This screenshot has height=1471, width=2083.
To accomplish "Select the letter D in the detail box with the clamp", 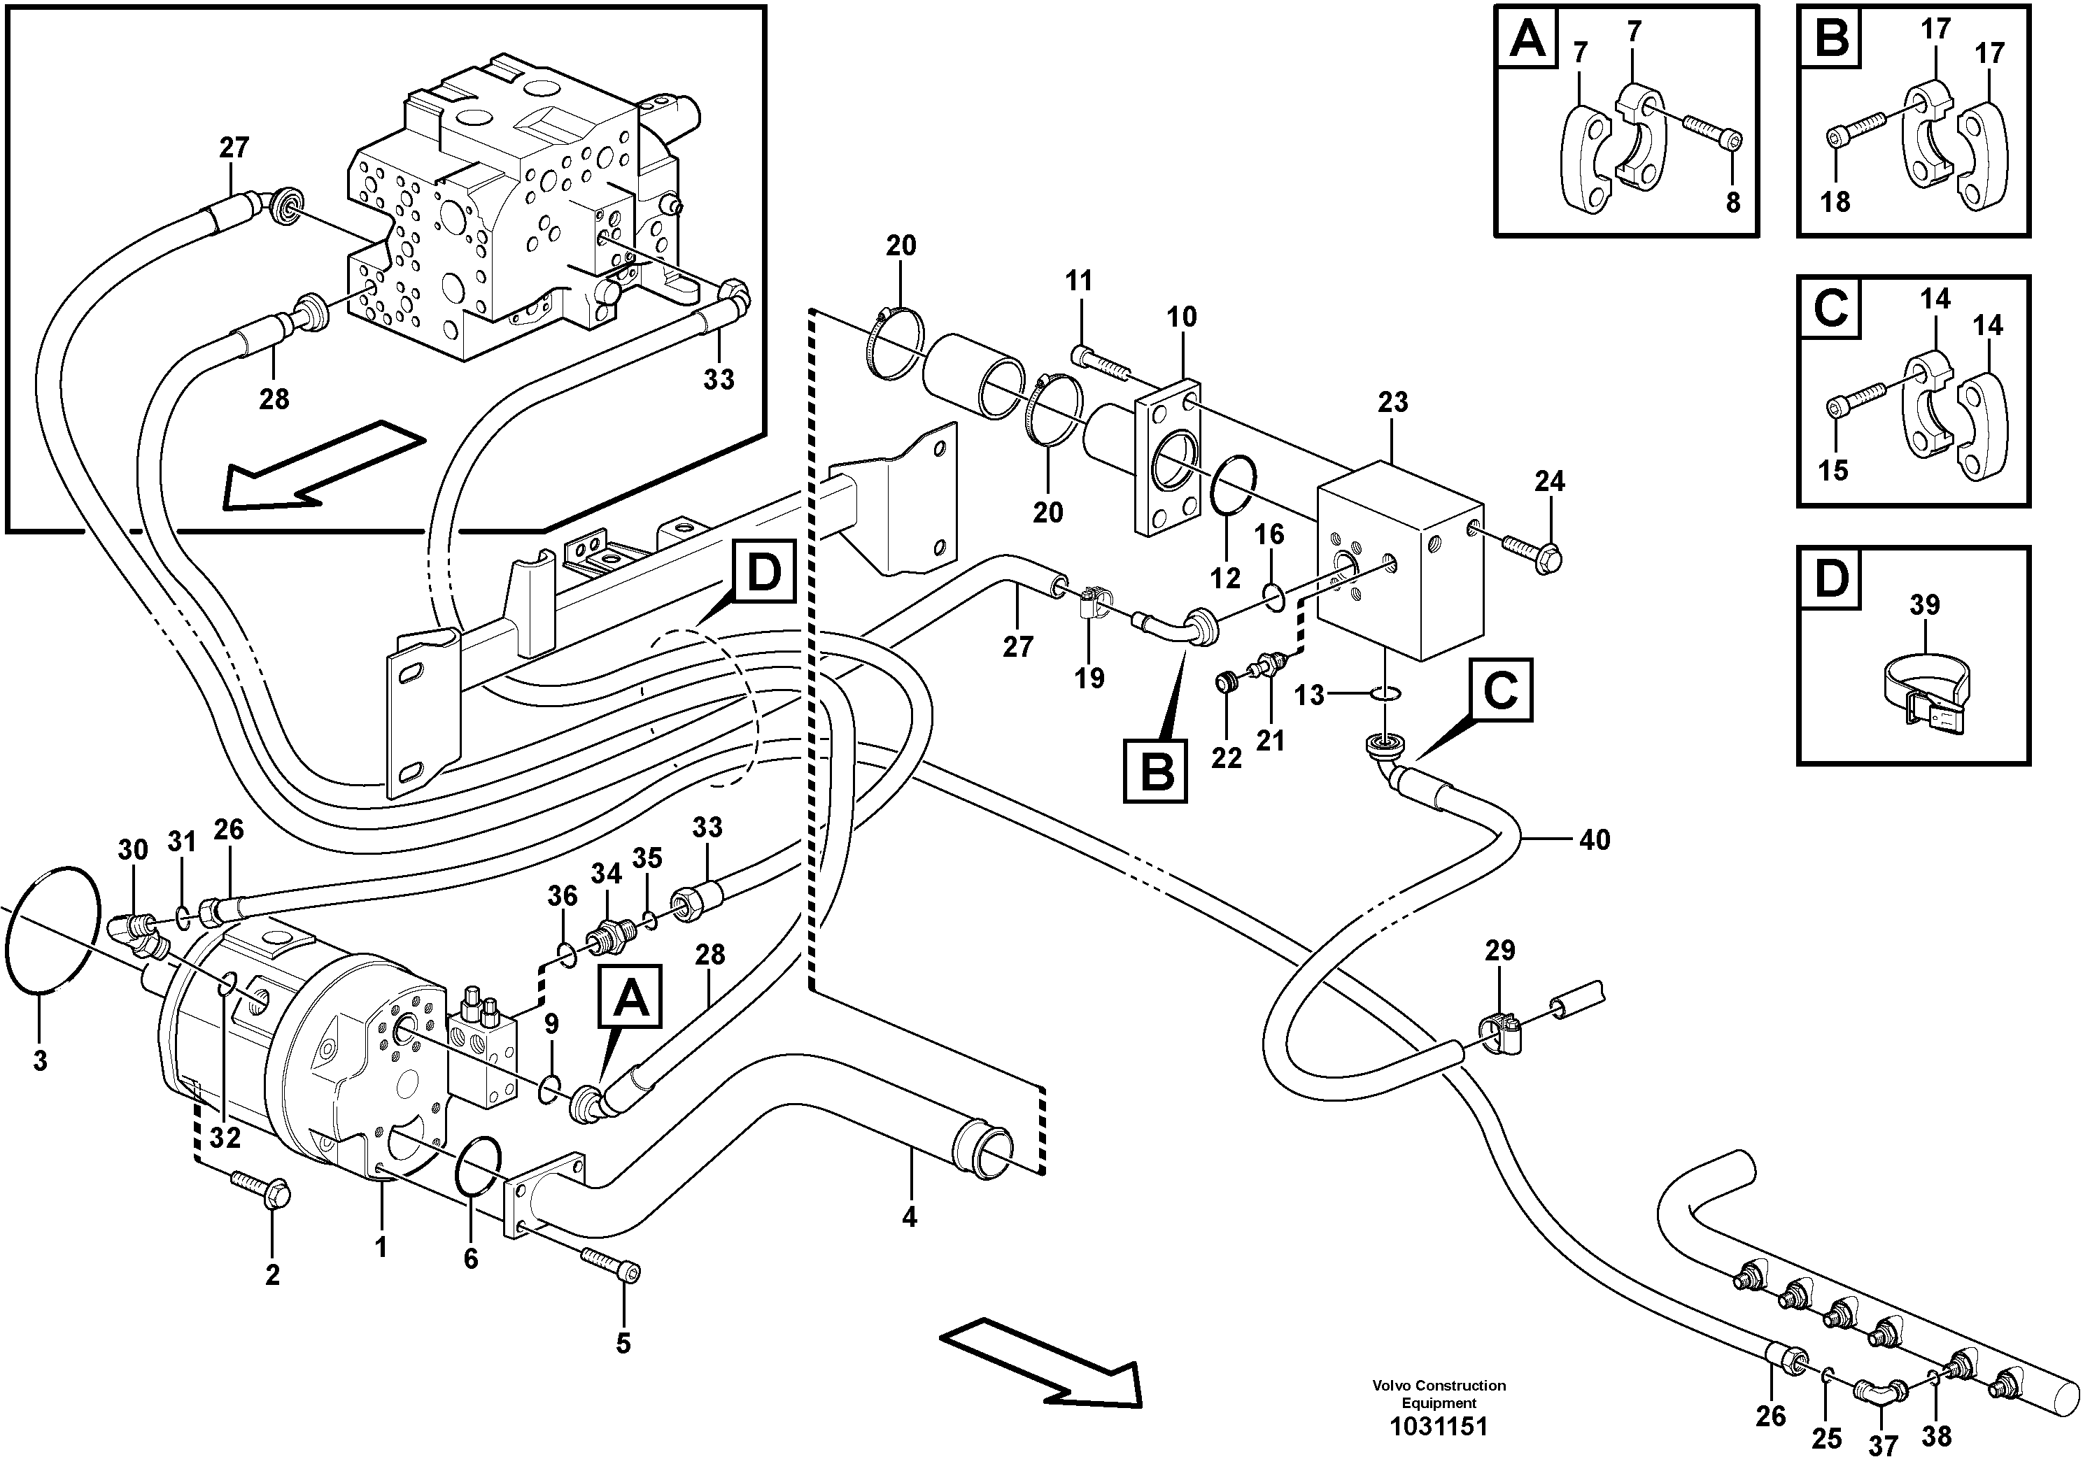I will [1831, 579].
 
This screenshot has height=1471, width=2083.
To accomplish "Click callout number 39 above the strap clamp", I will [1924, 605].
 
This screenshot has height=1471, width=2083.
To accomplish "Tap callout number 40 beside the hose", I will [1594, 840].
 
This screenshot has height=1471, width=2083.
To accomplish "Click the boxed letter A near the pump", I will [631, 1000].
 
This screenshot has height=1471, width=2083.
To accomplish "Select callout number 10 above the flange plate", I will [1181, 318].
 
